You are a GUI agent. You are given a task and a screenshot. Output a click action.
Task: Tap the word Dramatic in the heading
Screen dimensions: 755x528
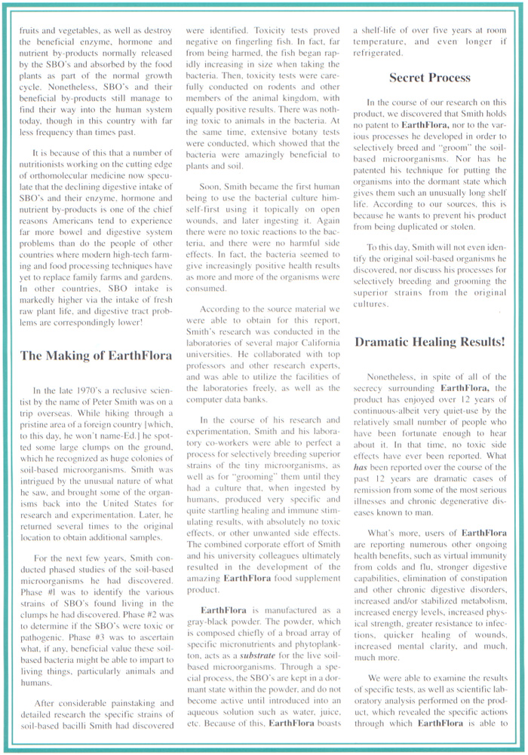tap(387, 341)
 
